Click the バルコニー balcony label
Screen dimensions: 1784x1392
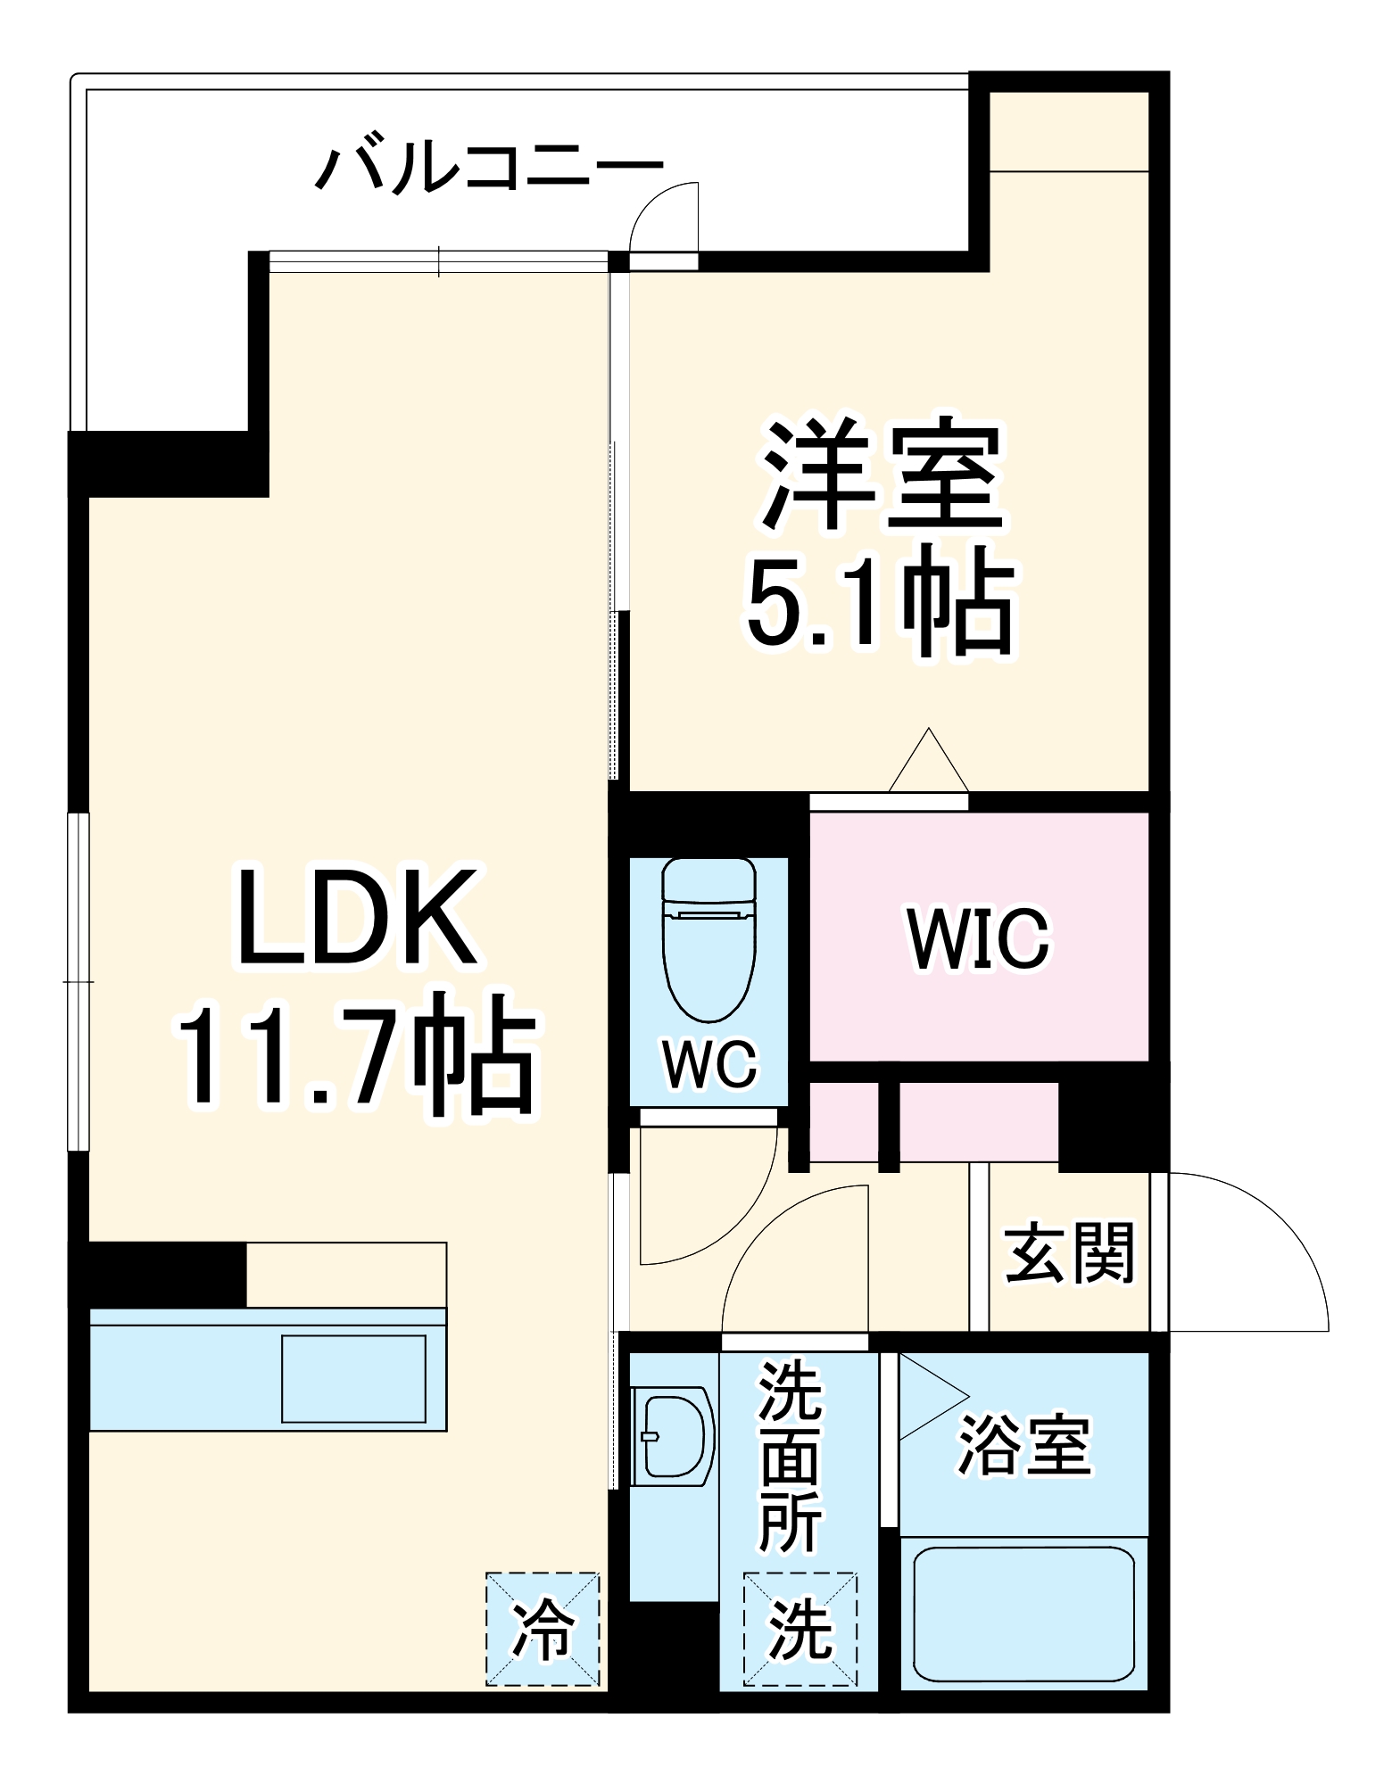(490, 166)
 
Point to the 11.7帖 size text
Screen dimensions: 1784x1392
(357, 1054)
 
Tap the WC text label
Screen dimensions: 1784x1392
(710, 1063)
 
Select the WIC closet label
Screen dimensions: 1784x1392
(979, 938)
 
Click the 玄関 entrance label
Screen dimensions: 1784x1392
(1069, 1252)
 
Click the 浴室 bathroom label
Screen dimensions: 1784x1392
(1024, 1444)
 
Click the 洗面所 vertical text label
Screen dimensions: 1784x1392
(790, 1458)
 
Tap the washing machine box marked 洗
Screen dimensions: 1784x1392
(800, 1629)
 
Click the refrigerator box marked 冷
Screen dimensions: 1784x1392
(542, 1629)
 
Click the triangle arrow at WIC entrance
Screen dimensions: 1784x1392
(929, 763)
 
